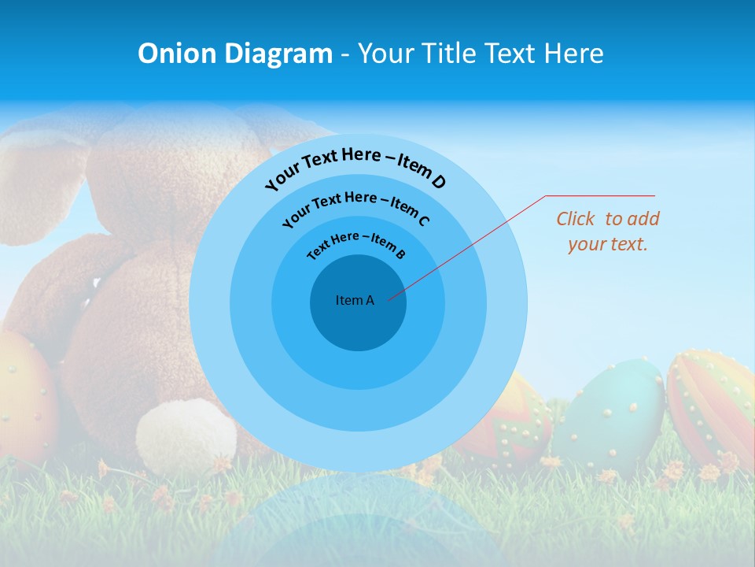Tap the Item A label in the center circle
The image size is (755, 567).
[x=355, y=300]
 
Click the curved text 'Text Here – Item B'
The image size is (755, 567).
[x=356, y=244]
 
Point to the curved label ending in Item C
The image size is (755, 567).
[x=355, y=208]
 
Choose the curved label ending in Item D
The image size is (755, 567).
[x=355, y=168]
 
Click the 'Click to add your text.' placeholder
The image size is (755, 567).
[x=607, y=231]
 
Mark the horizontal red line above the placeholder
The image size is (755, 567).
[x=600, y=195]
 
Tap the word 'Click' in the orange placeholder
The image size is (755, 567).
[x=576, y=218]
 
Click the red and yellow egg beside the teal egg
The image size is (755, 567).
[x=511, y=425]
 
